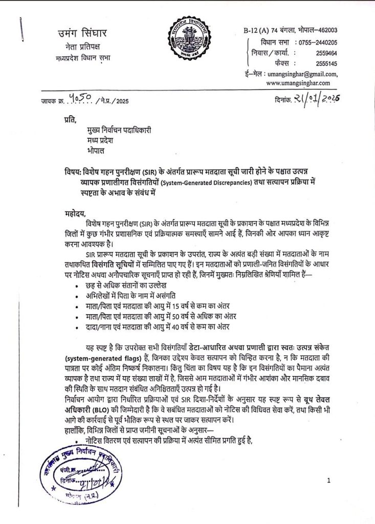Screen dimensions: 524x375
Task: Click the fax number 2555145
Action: click(x=326, y=63)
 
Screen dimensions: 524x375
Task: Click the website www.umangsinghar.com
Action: click(x=298, y=83)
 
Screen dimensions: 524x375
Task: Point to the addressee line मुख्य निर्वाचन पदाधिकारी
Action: click(x=119, y=131)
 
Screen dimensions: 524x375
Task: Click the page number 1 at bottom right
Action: click(x=329, y=481)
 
